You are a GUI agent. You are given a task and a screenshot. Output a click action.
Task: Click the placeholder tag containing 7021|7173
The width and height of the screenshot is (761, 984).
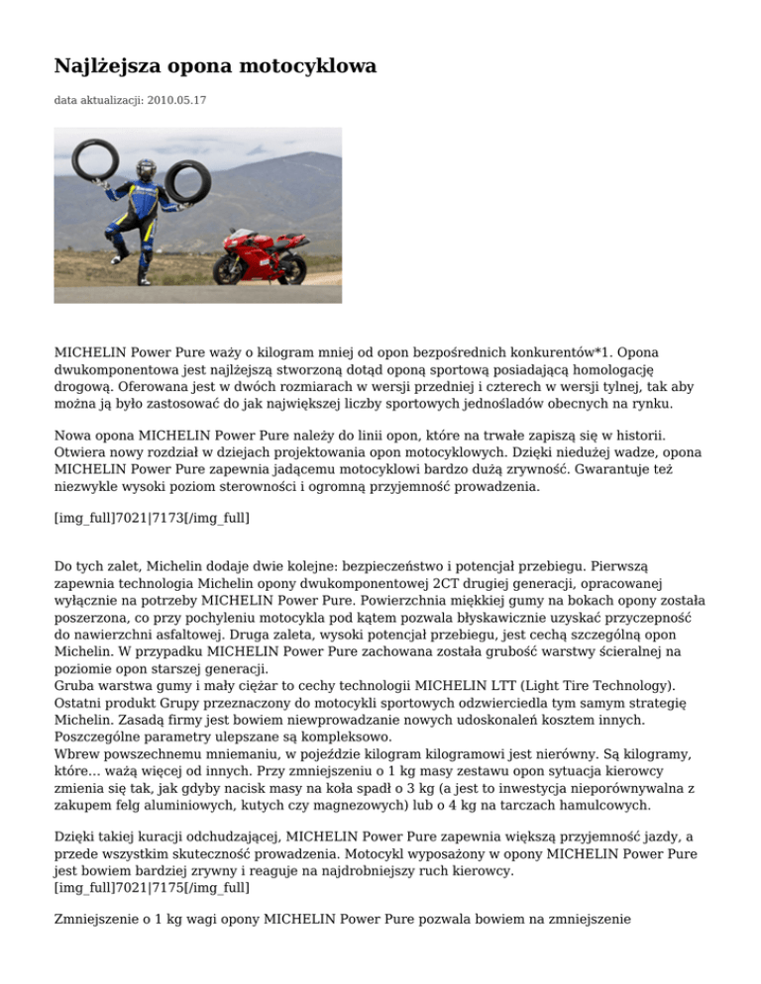137,517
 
